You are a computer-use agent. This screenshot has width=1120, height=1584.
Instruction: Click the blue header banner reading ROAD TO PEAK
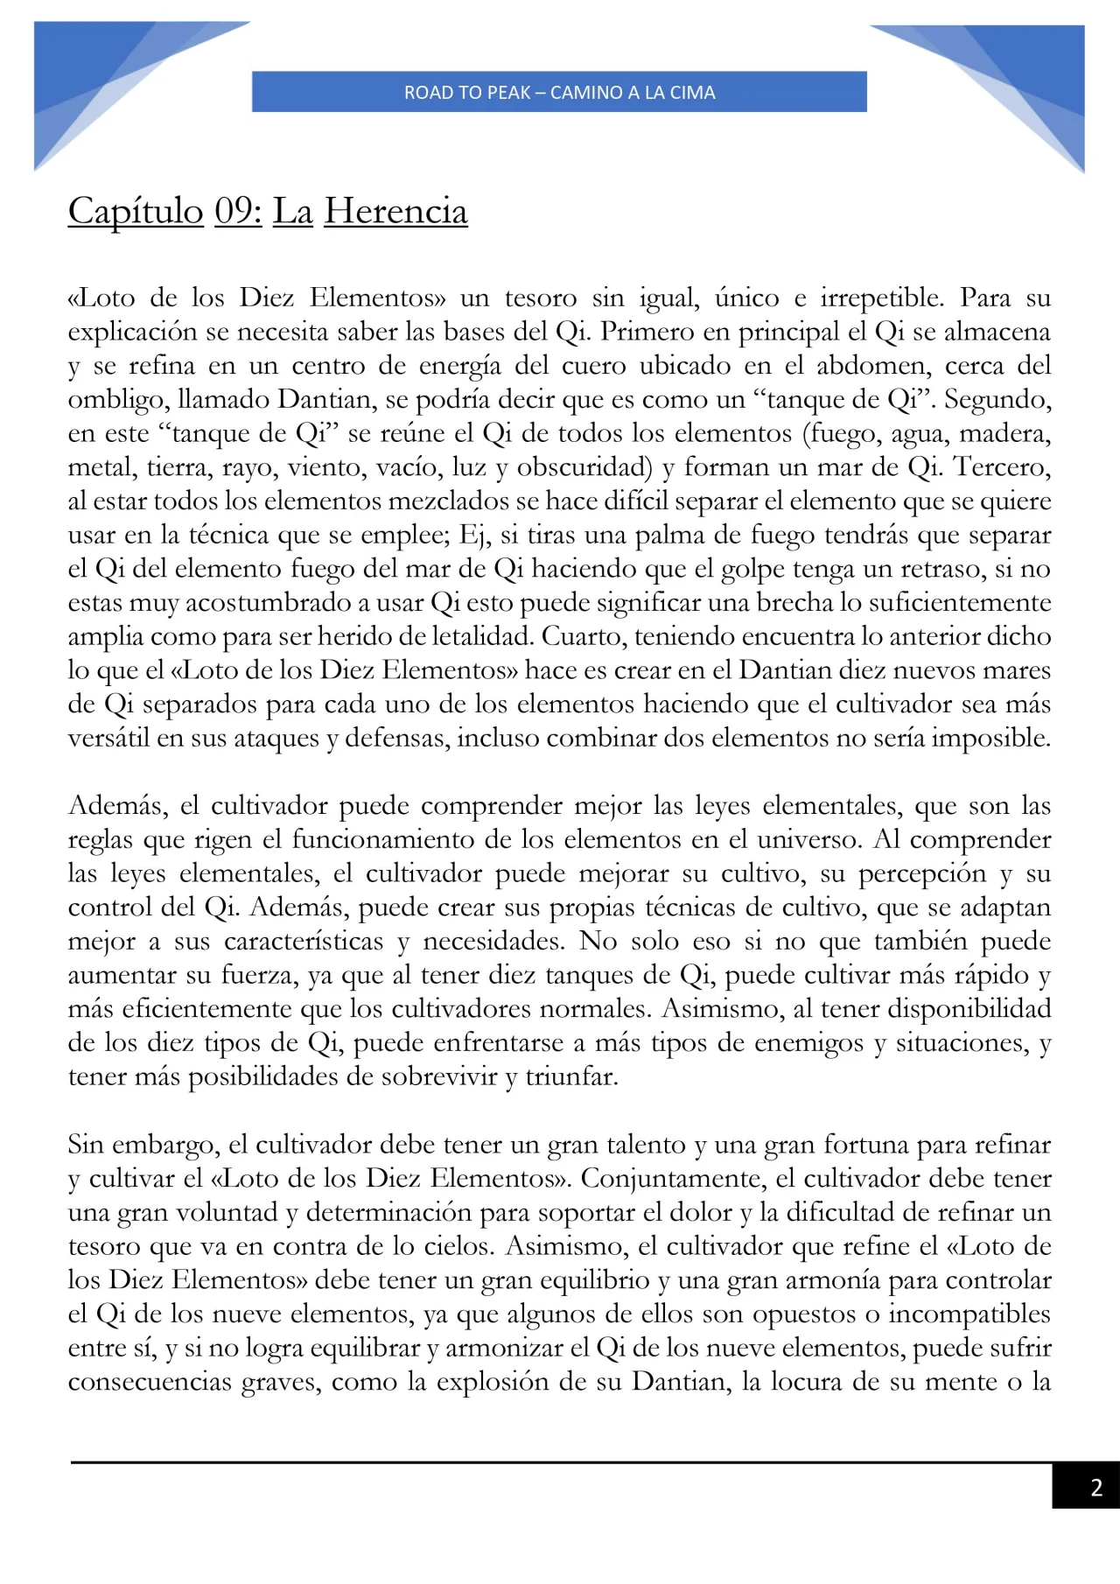[559, 92]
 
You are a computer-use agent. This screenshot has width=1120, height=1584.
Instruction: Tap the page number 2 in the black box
[1095, 1487]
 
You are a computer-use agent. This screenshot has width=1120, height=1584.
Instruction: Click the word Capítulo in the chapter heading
[136, 212]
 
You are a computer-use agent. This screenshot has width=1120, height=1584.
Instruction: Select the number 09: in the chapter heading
[238, 212]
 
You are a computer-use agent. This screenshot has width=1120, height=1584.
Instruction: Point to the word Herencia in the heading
[395, 212]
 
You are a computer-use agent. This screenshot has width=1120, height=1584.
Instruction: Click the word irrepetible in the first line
[881, 298]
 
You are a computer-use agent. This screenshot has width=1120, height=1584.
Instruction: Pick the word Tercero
[1002, 467]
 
